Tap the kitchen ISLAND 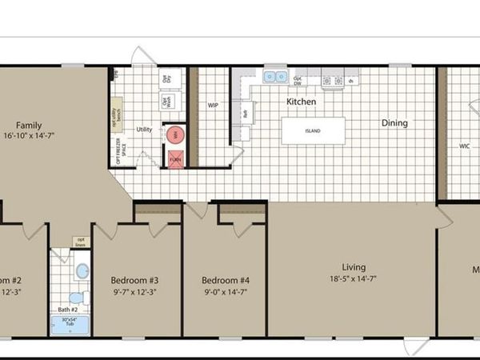click(x=313, y=130)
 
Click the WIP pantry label click(x=213, y=105)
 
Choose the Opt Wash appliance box click(x=167, y=102)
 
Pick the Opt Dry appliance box click(x=167, y=78)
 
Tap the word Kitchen click(x=302, y=102)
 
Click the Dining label click(x=394, y=123)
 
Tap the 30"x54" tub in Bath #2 click(x=70, y=323)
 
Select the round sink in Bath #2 click(x=81, y=271)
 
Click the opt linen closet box click(x=81, y=241)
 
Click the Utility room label click(x=144, y=128)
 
